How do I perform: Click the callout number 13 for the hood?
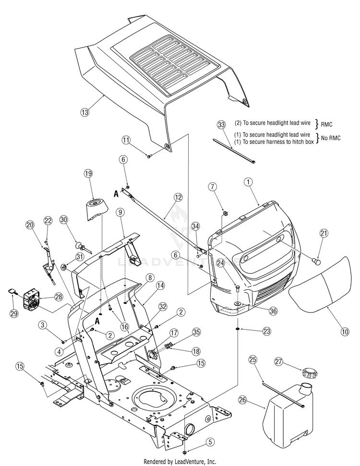[x=85, y=112]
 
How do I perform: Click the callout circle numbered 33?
[x=221, y=124]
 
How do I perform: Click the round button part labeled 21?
[x=317, y=262]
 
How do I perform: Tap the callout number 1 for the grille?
[x=248, y=181]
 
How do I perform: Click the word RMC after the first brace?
[x=326, y=124]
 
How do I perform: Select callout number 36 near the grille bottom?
[x=273, y=311]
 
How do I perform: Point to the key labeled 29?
[x=12, y=291]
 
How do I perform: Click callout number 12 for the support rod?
[x=178, y=197]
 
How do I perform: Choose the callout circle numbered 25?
[x=252, y=360]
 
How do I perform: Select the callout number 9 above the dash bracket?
[x=120, y=212]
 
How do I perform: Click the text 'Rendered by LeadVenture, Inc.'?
[x=180, y=462]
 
